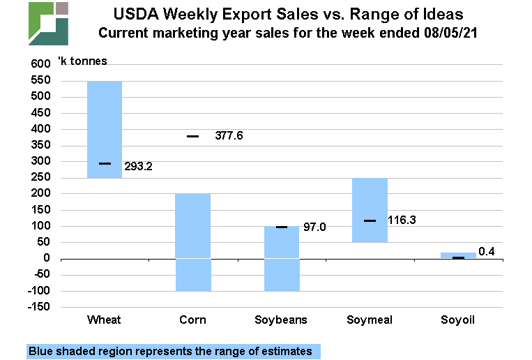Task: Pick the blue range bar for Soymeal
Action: tap(370, 210)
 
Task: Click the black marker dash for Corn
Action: tap(192, 136)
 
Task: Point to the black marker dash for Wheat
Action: tap(105, 163)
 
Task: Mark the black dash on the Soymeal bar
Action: tap(370, 220)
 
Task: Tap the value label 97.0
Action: tap(314, 227)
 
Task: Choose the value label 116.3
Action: tap(401, 220)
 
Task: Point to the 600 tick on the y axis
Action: tap(40, 64)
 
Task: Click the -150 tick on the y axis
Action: tap(37, 307)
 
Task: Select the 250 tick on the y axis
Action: tap(40, 177)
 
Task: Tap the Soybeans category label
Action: tap(281, 320)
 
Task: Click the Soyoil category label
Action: tap(457, 320)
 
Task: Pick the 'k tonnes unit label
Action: tap(87, 61)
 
